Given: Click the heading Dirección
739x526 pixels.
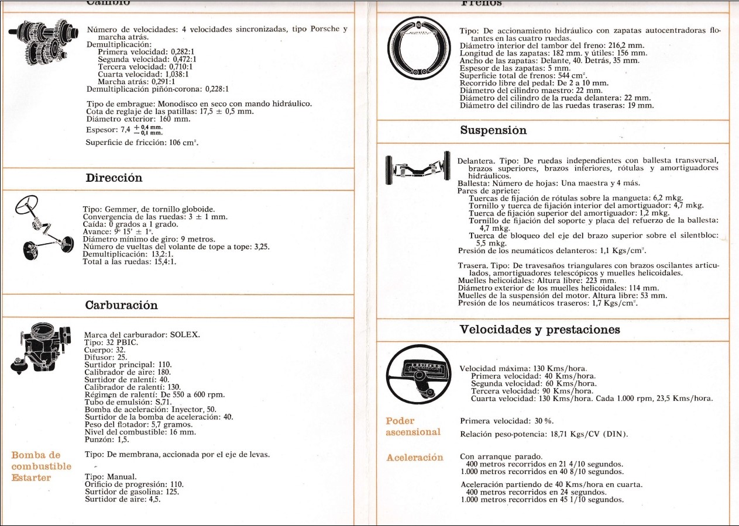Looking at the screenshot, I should pos(114,178).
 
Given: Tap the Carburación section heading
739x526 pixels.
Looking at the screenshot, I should pos(121,305).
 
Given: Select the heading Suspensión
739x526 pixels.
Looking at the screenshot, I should pos(493,130).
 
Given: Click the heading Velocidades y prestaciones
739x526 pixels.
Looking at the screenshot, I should pos(539,329).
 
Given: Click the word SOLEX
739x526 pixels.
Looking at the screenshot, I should pos(184,335).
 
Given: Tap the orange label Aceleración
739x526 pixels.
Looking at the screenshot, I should pos(414,457).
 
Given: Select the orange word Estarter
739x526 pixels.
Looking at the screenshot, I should pos(31,477).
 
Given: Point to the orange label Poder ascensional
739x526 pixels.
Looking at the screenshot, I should pos(413,427).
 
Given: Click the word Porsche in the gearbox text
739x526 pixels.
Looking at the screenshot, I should pos(325,29).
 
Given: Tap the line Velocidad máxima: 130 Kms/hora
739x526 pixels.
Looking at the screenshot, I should pos(523,369).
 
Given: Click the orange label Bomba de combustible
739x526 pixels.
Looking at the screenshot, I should pos(41,461).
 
